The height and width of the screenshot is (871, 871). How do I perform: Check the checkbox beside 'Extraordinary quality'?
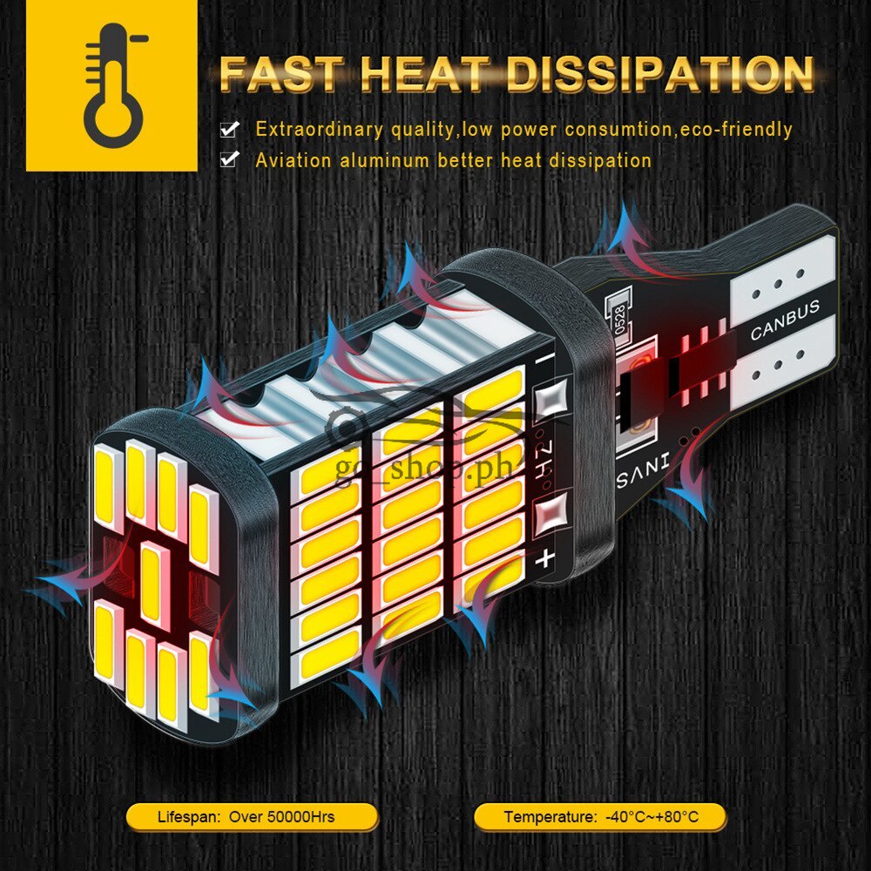(229, 130)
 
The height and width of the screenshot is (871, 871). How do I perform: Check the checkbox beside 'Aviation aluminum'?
(229, 160)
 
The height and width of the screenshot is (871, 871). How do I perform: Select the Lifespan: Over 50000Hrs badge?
(253, 817)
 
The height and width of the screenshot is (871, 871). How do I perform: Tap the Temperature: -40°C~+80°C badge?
(601, 817)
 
